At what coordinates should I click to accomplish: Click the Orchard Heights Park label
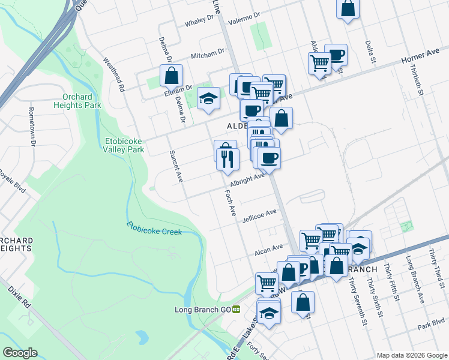click(x=81, y=101)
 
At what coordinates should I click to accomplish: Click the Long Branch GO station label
click(x=203, y=310)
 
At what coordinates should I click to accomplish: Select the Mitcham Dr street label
click(x=207, y=55)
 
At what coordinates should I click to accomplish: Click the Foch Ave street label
click(x=231, y=204)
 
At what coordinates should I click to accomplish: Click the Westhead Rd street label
click(x=113, y=74)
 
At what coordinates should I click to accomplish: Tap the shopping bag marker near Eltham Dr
click(x=172, y=76)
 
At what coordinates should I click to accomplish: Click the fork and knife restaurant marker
click(x=226, y=158)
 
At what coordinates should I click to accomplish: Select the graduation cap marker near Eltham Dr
click(x=208, y=98)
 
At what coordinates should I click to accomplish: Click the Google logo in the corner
click(x=20, y=353)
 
